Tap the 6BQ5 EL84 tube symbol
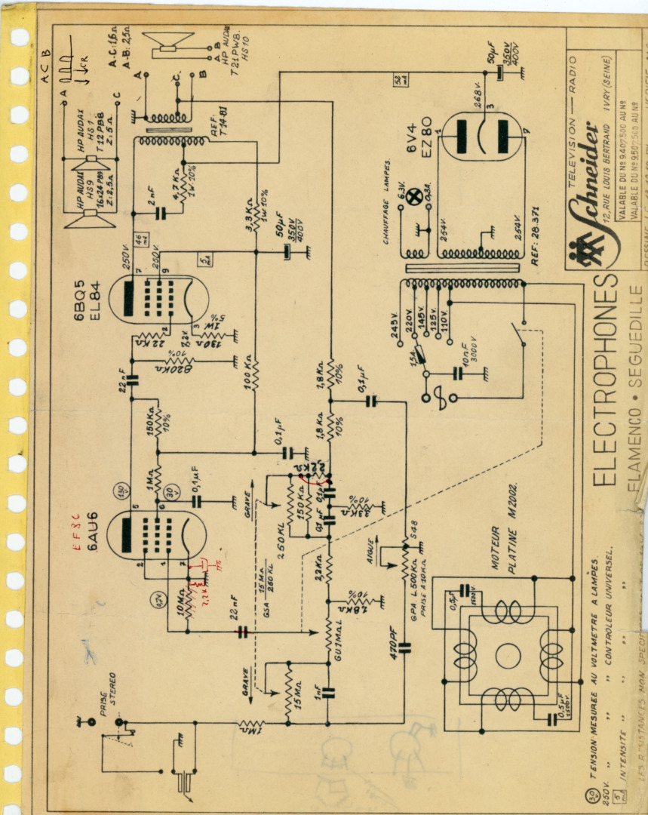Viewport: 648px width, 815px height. (x=158, y=294)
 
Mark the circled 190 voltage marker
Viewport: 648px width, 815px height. (x=119, y=488)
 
